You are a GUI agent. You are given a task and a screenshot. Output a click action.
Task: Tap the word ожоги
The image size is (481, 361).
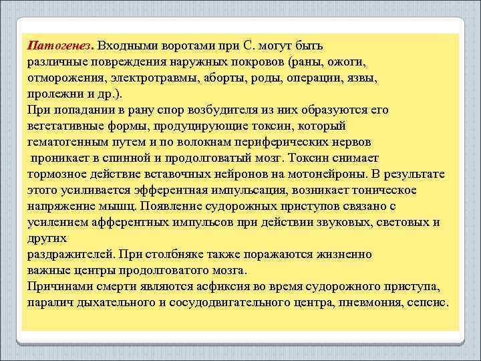(347, 62)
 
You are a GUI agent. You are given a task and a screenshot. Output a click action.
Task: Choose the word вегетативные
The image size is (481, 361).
(65, 126)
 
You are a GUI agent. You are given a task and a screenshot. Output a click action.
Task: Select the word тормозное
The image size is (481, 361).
(57, 174)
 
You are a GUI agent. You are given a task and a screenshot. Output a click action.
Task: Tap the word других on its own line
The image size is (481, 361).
(47, 238)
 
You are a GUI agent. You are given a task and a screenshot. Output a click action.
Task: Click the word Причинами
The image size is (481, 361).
(59, 286)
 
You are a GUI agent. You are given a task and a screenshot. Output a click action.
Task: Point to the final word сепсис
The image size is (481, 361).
(425, 302)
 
